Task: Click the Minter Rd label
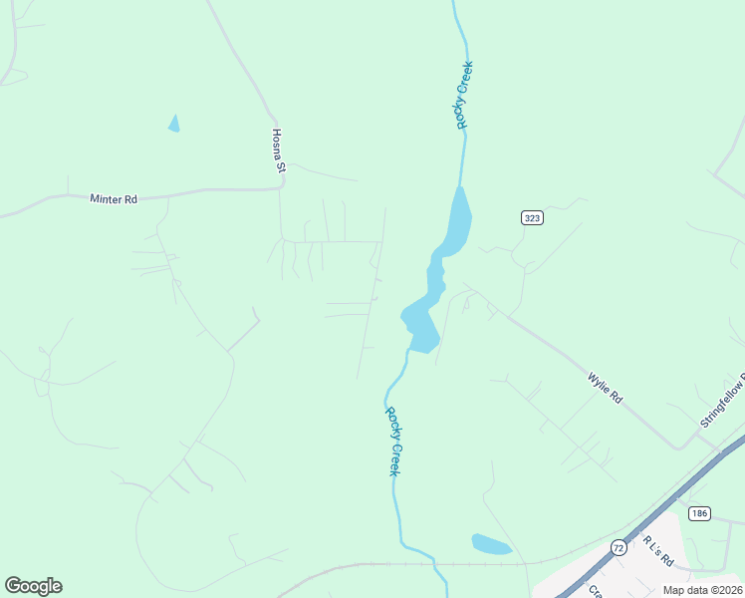[113, 199]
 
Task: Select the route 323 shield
[532, 217]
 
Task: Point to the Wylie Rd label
[605, 387]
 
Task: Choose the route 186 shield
[699, 513]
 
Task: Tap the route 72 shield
[619, 547]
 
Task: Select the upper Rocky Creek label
[463, 95]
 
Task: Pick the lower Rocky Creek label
[392, 441]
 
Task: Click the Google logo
[33, 586]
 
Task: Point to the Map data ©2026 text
[701, 590]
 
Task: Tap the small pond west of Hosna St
[174, 124]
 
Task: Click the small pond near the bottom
[490, 544]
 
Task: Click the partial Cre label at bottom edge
[595, 590]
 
